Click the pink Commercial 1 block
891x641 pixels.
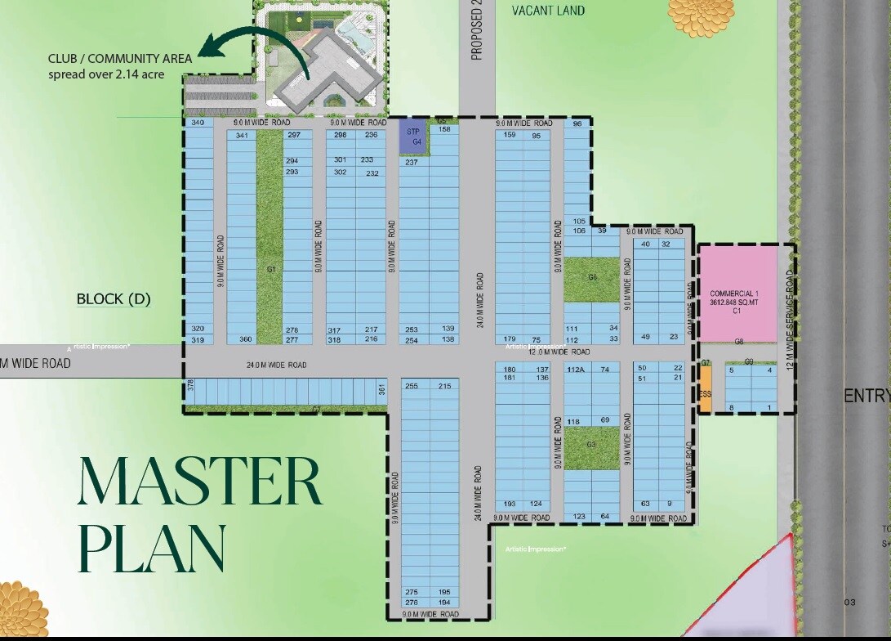pyautogui.click(x=737, y=294)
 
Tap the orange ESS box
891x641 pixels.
pyautogui.click(x=706, y=388)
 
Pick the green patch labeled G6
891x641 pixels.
pyautogui.click(x=591, y=277)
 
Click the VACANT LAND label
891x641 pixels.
pyautogui.click(x=548, y=11)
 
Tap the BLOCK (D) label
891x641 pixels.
pyautogui.click(x=114, y=299)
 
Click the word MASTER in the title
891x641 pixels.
pyautogui.click(x=199, y=482)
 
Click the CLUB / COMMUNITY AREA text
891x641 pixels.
pyautogui.click(x=119, y=59)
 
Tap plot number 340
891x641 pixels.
pyautogui.click(x=197, y=123)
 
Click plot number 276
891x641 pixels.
pyautogui.click(x=412, y=603)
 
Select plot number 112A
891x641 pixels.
pyautogui.click(x=575, y=370)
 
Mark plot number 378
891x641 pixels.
pyautogui.click(x=190, y=384)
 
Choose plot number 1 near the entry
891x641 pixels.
pyautogui.click(x=768, y=407)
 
